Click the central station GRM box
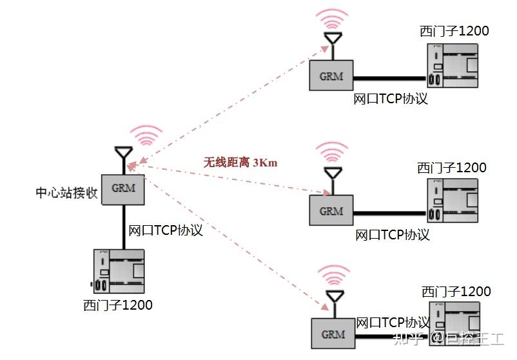tap(124, 189)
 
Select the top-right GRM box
tap(331, 76)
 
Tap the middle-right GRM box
tap(331, 211)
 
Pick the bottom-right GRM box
tap(333, 334)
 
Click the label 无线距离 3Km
tap(240, 163)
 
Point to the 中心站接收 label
tap(67, 192)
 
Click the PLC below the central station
tap(119, 270)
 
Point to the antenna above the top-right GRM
tap(331, 41)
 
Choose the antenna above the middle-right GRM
tap(332, 175)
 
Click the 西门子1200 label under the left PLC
tap(118, 305)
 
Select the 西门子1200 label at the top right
tap(454, 31)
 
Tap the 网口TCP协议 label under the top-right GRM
tap(391, 99)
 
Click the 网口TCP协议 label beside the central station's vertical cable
tap(166, 230)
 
